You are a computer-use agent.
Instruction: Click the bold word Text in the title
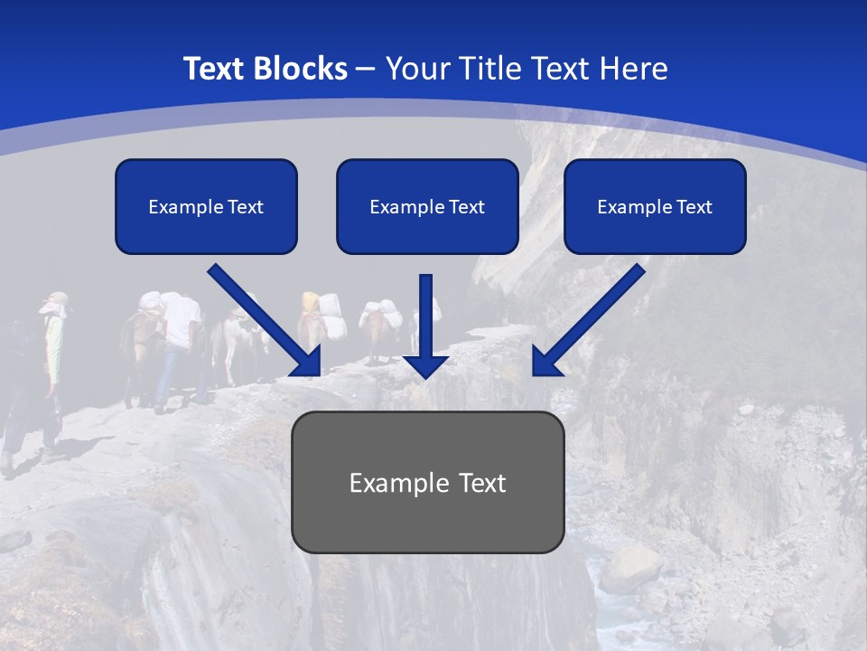pos(216,69)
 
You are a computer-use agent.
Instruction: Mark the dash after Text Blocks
pos(366,70)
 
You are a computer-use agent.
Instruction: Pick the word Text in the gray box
pos(481,483)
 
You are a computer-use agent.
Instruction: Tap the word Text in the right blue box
pos(695,207)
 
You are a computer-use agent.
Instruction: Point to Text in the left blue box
pos(246,207)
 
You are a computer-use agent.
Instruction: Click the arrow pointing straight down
pos(426,321)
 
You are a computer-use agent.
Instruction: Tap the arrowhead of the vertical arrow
pos(426,365)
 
